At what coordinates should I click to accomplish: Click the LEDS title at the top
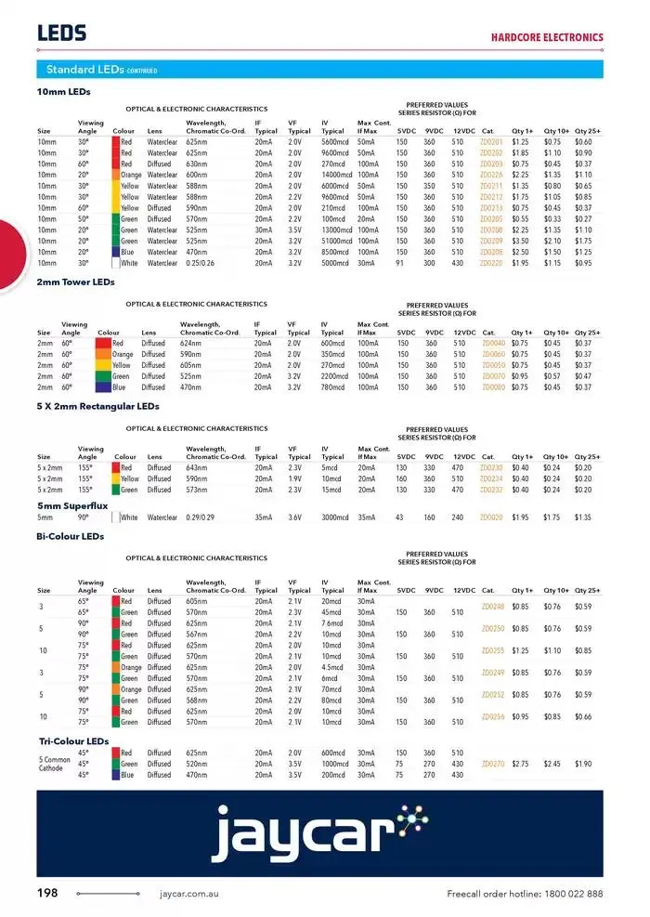coord(62,33)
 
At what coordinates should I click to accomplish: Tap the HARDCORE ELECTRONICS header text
coord(547,38)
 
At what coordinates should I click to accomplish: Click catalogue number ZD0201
coord(491,141)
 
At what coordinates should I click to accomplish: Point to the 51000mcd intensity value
coord(337,241)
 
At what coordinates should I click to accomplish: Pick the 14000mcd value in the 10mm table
coord(337,175)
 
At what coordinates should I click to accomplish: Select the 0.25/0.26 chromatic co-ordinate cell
coord(201,263)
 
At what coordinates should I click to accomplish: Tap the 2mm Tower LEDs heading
coord(75,281)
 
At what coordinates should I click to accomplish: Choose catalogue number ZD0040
coord(493,343)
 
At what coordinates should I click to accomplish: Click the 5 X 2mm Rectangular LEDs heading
coord(97,406)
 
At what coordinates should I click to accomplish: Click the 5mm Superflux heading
coord(74,504)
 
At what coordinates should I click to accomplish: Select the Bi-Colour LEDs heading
coord(71,536)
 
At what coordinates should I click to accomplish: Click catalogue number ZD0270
coord(492,764)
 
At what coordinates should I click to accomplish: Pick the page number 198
coord(47,894)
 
